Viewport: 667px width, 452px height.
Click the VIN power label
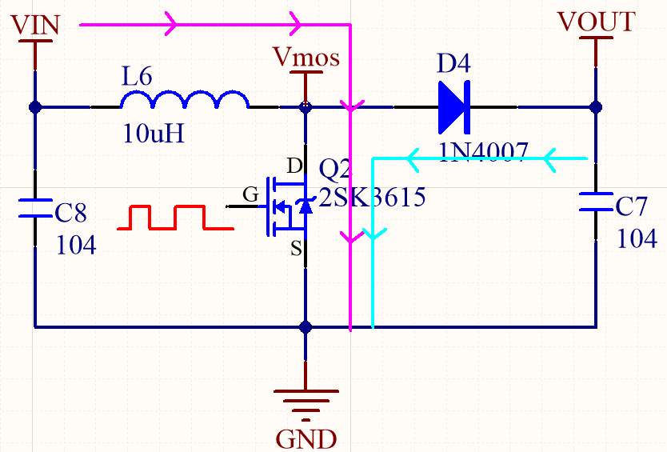[35, 25]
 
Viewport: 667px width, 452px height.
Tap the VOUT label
[597, 22]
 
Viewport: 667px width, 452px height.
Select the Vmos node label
[306, 58]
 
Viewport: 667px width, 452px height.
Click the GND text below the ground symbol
[306, 438]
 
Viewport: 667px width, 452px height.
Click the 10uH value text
[153, 133]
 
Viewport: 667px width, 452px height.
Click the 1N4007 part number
[482, 151]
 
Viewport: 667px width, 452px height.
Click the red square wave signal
[175, 217]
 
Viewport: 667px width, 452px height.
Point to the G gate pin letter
[250, 195]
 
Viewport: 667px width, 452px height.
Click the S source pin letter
[296, 249]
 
